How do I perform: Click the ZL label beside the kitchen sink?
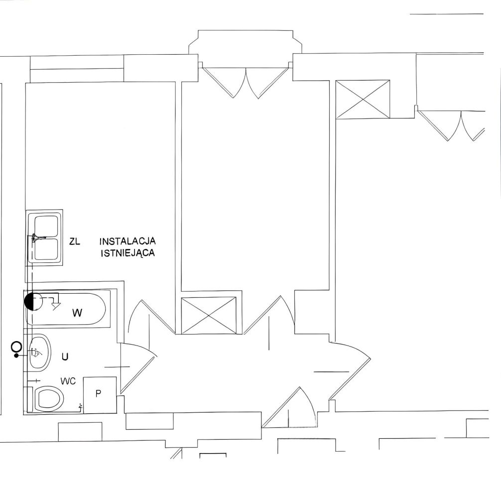click(x=75, y=241)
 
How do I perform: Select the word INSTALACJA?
click(x=127, y=240)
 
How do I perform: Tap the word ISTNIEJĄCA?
click(x=128, y=253)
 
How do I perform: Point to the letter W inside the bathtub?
click(x=77, y=313)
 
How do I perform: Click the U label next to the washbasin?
click(x=65, y=357)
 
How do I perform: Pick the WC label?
click(x=68, y=381)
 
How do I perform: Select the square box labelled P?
click(x=100, y=395)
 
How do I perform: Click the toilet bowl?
click(x=49, y=398)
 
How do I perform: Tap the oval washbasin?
click(x=40, y=353)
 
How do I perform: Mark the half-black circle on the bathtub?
click(x=33, y=302)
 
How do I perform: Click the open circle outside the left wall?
click(x=16, y=347)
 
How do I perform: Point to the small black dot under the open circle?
click(x=16, y=355)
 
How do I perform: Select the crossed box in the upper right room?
click(x=363, y=99)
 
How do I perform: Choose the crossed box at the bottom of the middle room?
click(x=209, y=315)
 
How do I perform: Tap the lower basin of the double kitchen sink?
click(x=47, y=249)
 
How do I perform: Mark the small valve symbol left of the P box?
click(x=81, y=407)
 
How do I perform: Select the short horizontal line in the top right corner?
click(x=446, y=14)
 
